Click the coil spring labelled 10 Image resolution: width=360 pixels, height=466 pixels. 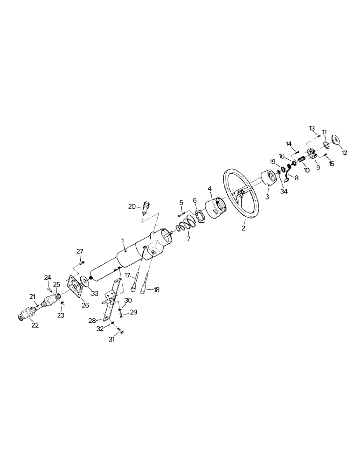click(x=301, y=162)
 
